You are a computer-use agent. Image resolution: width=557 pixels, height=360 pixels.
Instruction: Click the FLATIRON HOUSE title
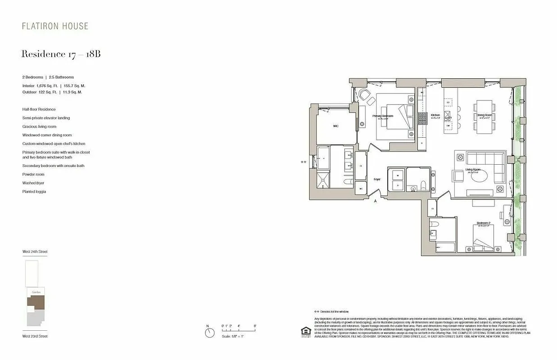point(55,26)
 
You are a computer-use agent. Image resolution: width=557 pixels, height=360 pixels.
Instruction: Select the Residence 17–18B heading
point(61,54)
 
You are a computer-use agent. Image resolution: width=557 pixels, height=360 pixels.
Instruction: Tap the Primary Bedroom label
point(383,116)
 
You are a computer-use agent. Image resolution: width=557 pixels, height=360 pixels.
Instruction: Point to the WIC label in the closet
point(335,126)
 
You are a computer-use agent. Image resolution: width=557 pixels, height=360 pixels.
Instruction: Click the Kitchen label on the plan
point(435,115)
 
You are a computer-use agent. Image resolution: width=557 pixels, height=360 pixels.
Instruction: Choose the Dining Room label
point(484,115)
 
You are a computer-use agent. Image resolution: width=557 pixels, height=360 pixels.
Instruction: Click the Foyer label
point(377,179)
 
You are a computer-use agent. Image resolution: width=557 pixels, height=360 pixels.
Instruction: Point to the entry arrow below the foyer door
point(376,202)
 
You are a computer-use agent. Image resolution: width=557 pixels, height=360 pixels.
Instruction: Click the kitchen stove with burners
point(423,118)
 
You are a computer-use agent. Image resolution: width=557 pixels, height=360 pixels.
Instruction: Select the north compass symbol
point(209,333)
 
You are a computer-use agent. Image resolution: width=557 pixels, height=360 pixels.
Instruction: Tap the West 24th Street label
point(35,252)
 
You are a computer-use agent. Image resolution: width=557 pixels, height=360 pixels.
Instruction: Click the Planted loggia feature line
point(34,192)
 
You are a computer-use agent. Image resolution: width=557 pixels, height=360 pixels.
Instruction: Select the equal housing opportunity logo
point(306,331)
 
